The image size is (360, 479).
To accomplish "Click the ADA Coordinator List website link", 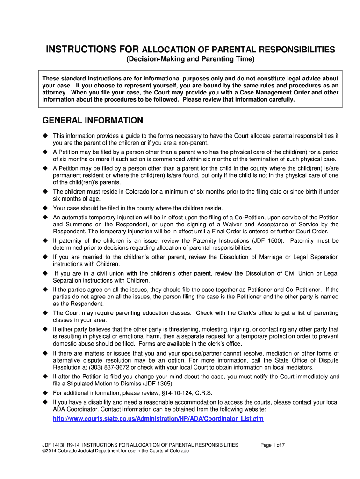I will coord(158,418).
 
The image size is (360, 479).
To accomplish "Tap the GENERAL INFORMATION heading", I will coord(93,121).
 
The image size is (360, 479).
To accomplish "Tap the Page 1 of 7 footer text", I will coord(273,445).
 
